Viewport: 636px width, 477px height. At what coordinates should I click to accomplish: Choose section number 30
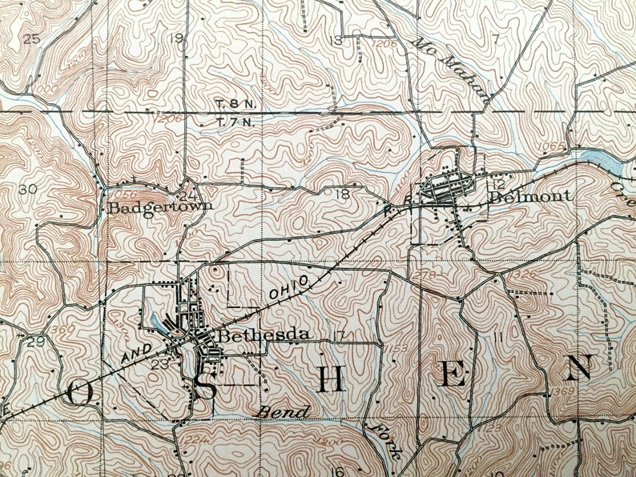[28, 189]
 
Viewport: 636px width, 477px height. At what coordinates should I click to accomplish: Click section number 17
[339, 335]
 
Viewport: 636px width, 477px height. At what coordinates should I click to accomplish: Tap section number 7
[496, 38]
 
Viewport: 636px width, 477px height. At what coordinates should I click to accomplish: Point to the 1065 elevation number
[553, 146]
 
